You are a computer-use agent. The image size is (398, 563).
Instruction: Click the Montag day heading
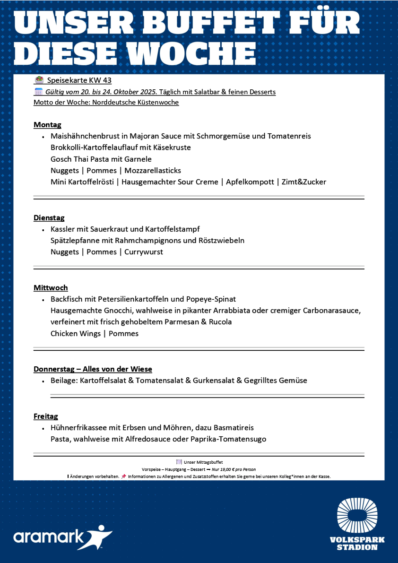coord(47,125)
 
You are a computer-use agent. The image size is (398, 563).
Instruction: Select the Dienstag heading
coord(49,218)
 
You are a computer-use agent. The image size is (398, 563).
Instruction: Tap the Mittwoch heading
coord(51,288)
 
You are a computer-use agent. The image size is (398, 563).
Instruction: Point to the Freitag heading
coord(46,416)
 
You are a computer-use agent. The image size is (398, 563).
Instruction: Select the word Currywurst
coord(144,252)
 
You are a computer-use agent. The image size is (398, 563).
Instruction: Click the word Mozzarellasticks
coord(153,171)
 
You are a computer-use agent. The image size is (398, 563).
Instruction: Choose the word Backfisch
coord(69,299)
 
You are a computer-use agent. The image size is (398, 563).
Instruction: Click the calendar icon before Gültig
coord(39,92)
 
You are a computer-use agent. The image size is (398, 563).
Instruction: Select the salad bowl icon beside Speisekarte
coord(39,80)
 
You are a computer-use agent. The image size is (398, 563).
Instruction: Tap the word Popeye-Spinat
coord(211,299)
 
